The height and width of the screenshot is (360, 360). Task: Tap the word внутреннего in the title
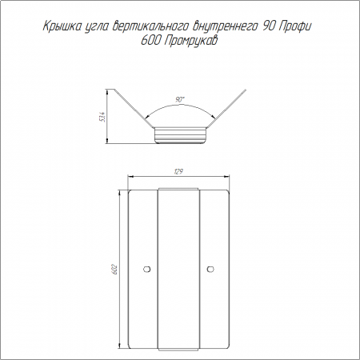click(224, 27)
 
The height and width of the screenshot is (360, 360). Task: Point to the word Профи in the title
click(294, 26)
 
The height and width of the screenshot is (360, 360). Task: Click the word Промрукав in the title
click(190, 41)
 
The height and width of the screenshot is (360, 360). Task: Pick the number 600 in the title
click(150, 41)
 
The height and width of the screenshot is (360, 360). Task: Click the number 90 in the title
click(269, 26)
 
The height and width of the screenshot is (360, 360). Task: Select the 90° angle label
click(180, 100)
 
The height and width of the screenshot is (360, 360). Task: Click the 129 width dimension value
click(179, 172)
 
